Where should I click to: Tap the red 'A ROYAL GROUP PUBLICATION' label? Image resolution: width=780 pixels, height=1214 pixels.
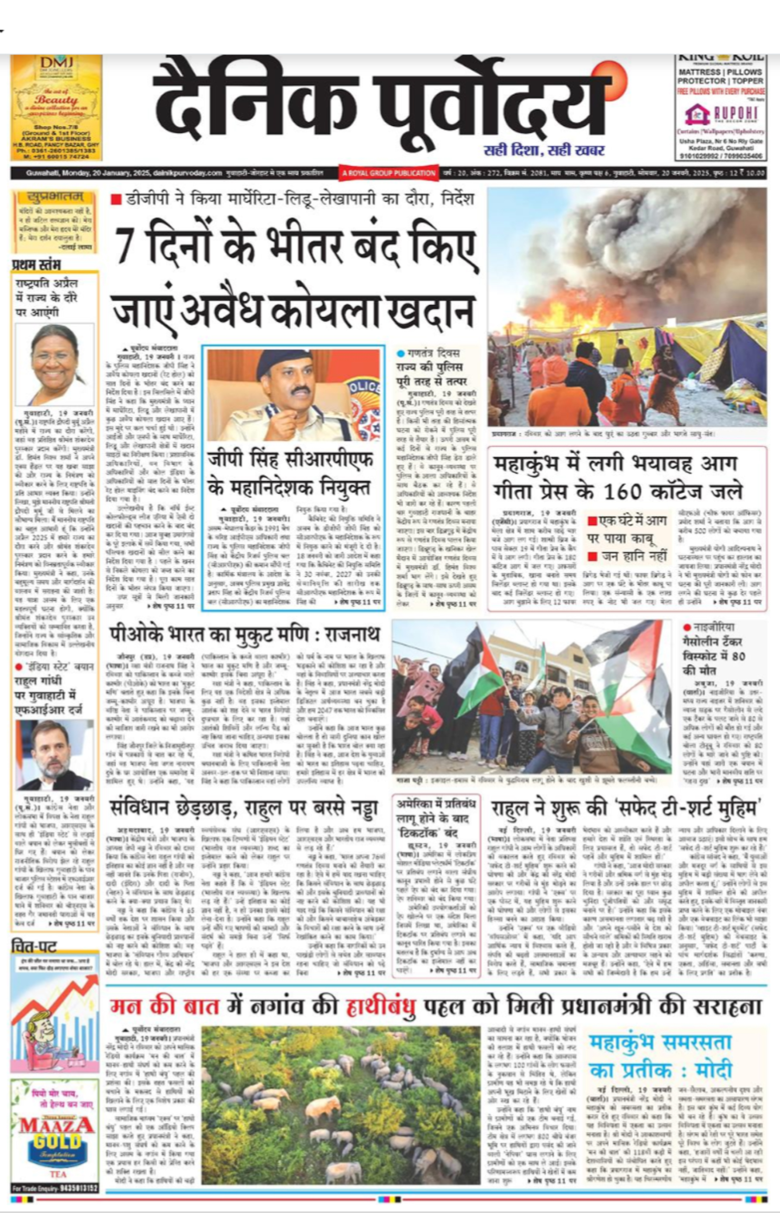pyautogui.click(x=389, y=173)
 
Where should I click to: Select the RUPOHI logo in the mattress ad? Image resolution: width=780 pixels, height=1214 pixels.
pyautogui.click(x=720, y=114)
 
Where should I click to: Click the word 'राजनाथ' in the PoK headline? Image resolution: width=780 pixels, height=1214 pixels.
pyautogui.click(x=352, y=635)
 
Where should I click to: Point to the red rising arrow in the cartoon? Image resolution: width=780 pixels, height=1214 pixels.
pyautogui.click(x=61, y=987)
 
